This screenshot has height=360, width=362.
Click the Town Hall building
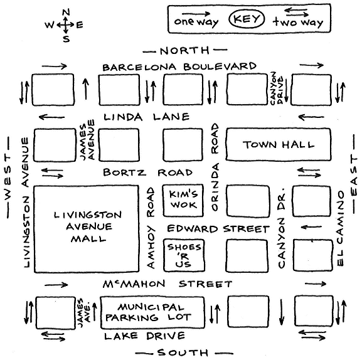279,145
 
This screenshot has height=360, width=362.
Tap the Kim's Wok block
183,200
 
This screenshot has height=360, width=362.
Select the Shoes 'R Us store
184,255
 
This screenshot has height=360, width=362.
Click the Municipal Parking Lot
152,313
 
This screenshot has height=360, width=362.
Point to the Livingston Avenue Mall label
88,226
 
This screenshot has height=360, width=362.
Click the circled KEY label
247,19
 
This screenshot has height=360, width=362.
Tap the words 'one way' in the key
196,22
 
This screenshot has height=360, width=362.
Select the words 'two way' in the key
298,23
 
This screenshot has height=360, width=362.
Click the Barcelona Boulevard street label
179,66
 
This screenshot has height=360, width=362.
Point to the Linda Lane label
147,117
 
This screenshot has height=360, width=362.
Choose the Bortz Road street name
148,172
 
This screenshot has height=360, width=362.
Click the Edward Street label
218,229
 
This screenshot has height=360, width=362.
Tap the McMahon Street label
168,284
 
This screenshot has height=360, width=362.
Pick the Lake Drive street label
144,336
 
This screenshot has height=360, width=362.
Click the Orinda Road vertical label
215,167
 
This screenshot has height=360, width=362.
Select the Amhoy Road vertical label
151,228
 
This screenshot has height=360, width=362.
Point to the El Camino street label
341,228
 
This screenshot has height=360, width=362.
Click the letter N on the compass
67,12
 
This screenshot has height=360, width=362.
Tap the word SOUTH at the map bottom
183,352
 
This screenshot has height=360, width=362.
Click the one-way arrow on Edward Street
311,227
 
